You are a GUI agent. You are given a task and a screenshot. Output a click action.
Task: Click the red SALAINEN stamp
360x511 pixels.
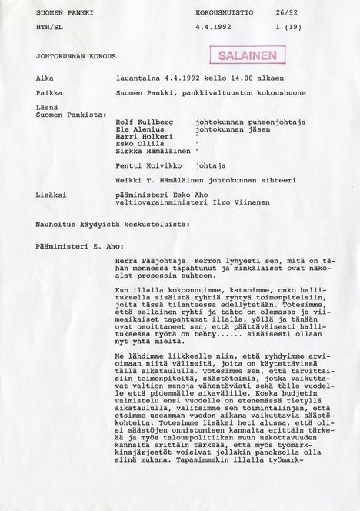click(x=242, y=56)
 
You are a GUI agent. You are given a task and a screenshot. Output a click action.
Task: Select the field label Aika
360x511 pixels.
click(x=45, y=78)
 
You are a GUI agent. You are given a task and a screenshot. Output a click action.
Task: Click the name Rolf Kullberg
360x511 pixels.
click(x=144, y=122)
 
